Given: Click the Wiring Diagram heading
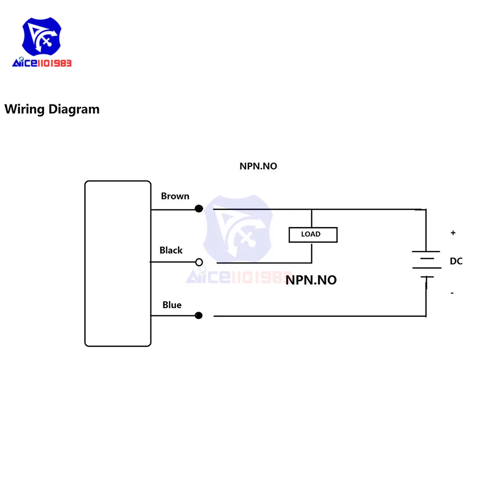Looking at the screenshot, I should [52, 109].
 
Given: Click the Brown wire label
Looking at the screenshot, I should [175, 196].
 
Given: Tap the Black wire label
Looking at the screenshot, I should [171, 250].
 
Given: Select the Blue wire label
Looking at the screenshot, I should [172, 305].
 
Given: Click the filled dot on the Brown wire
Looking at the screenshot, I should [199, 208].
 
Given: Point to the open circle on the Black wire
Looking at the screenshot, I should [199, 262].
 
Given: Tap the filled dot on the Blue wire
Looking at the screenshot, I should [199, 315].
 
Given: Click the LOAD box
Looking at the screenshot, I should [312, 234].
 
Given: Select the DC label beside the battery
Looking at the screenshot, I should [456, 261].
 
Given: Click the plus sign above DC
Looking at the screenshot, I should [453, 233].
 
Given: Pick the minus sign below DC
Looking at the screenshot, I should [452, 292].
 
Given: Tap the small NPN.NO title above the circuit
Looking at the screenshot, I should [258, 166].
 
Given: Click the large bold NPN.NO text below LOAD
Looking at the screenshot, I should [311, 280].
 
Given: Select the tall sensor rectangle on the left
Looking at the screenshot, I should [118, 263].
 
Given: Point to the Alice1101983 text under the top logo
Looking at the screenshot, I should [42, 63].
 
